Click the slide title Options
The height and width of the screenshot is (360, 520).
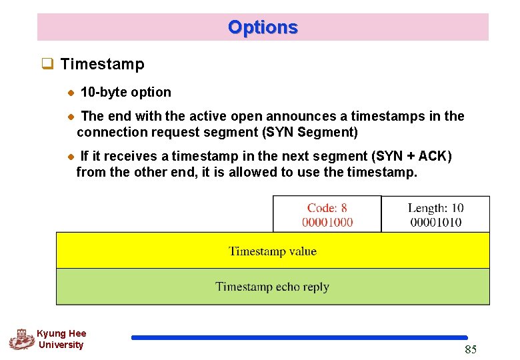click(x=263, y=27)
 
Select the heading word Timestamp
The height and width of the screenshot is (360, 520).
click(x=102, y=65)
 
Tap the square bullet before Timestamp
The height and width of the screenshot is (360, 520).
click(x=47, y=65)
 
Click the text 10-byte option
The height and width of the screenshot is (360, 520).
click(x=125, y=92)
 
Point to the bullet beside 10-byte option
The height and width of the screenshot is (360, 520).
click(x=71, y=93)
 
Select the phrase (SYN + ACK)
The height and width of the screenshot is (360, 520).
click(x=413, y=156)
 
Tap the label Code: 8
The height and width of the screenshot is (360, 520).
click(x=327, y=209)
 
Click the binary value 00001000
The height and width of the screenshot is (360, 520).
click(x=327, y=222)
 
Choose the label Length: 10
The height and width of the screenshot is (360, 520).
click(x=435, y=209)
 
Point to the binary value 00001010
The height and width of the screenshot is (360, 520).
click(x=435, y=222)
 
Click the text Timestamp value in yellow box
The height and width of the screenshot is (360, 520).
click(x=272, y=251)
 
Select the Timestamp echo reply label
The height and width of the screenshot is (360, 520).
click(x=272, y=287)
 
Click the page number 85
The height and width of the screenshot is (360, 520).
click(x=470, y=350)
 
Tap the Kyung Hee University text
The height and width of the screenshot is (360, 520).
click(x=61, y=339)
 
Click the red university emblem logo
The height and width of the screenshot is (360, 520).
click(x=21, y=339)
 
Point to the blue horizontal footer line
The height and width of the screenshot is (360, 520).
click(x=299, y=338)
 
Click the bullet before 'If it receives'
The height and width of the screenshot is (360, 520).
click(x=71, y=157)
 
